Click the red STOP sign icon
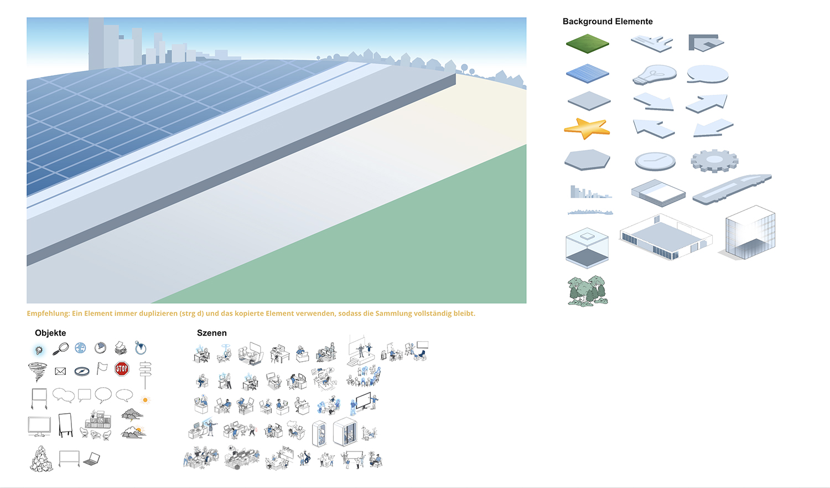pos(122,369)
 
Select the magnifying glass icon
pos(60,348)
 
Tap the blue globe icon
pos(80,348)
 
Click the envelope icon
pos(60,371)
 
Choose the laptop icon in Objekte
pos(92,459)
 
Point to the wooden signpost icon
pos(145,373)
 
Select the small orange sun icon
pos(146,399)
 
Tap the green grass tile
pos(587,43)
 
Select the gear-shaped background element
pos(714,160)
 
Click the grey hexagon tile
pos(587,160)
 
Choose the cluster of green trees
pos(587,290)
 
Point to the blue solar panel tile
pos(587,74)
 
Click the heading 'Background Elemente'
pos(607,22)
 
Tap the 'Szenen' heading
pos(211,333)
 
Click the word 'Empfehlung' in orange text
pos(48,314)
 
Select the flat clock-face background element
pos(655,161)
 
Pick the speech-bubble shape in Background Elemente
pos(708,74)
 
